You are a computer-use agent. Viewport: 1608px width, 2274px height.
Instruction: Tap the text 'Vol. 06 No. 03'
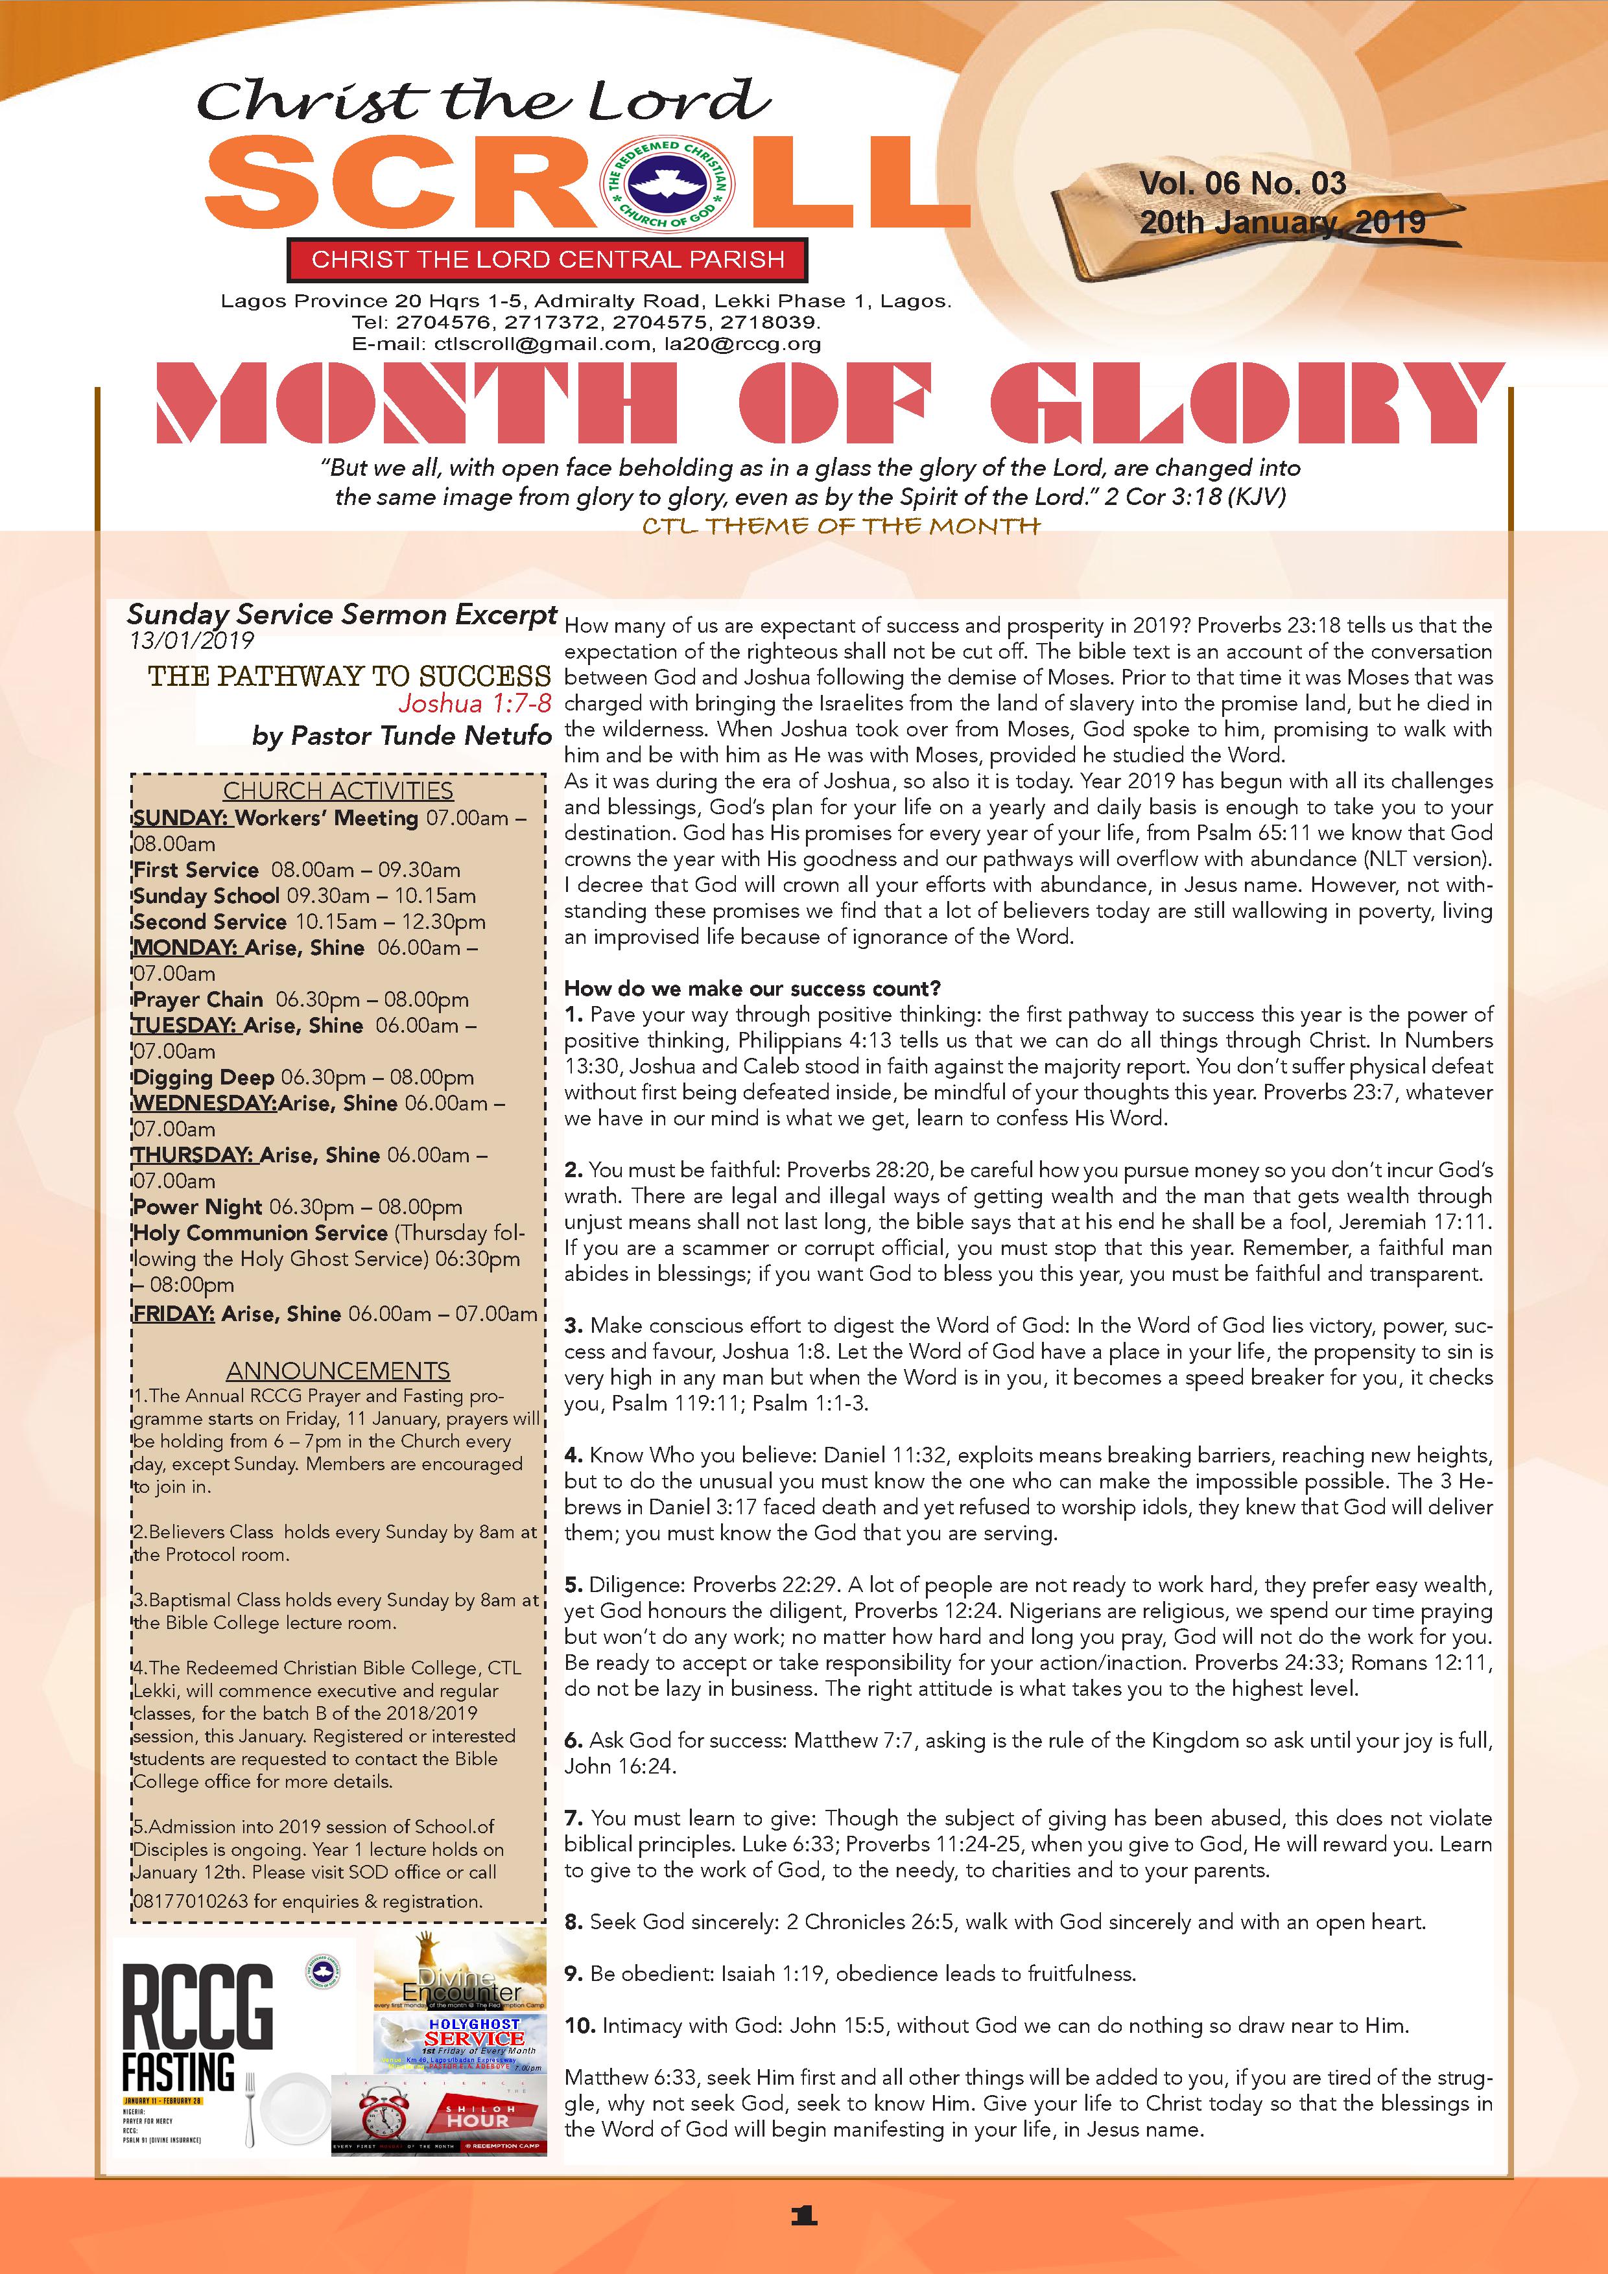click(x=1242, y=184)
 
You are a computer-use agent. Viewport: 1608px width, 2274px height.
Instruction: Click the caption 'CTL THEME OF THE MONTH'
click(x=840, y=526)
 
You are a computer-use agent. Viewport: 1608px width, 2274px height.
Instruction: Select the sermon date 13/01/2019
click(x=190, y=641)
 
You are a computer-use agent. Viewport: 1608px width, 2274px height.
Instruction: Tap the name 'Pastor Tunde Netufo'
click(x=420, y=736)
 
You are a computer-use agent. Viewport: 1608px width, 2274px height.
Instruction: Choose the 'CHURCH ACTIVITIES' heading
click(x=338, y=790)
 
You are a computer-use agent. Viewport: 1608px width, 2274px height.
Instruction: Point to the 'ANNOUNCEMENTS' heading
click(x=338, y=1371)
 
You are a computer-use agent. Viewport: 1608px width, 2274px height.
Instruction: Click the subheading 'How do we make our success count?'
click(x=752, y=989)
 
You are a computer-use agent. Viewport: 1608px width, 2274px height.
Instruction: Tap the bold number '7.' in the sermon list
click(x=574, y=1818)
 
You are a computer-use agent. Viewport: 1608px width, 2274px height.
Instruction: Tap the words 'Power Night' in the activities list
click(x=197, y=1206)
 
